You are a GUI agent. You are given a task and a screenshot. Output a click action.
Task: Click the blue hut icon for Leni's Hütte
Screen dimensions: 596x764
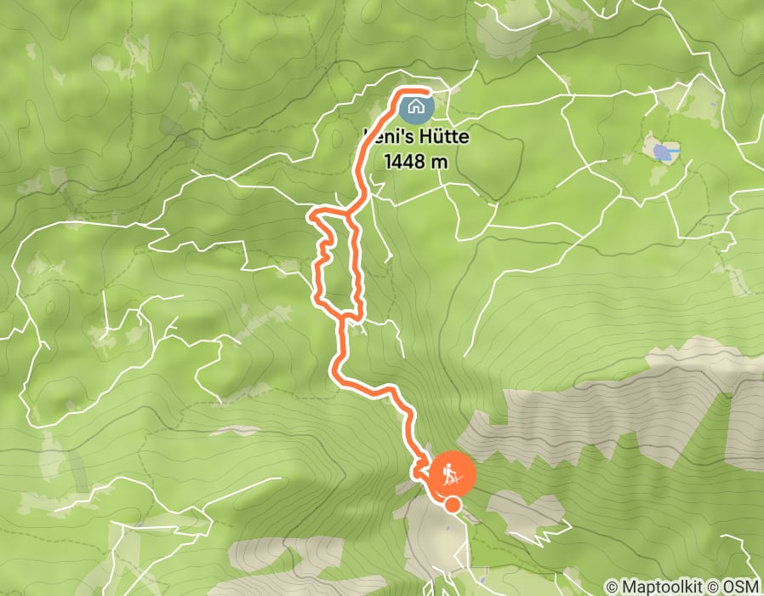point(416,107)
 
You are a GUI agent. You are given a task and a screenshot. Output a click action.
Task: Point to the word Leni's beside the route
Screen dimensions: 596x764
point(387,135)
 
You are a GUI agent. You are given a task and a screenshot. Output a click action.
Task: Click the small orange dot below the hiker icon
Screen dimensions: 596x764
point(453,505)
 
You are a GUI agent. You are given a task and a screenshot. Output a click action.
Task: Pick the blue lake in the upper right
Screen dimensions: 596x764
point(661,152)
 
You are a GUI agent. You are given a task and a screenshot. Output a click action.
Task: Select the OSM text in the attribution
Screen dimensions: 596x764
point(742,587)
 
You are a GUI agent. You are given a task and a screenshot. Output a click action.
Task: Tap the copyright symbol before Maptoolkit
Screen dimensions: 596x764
point(613,587)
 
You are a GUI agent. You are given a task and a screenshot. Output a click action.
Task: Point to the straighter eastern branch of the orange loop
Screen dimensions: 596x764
point(356,264)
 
